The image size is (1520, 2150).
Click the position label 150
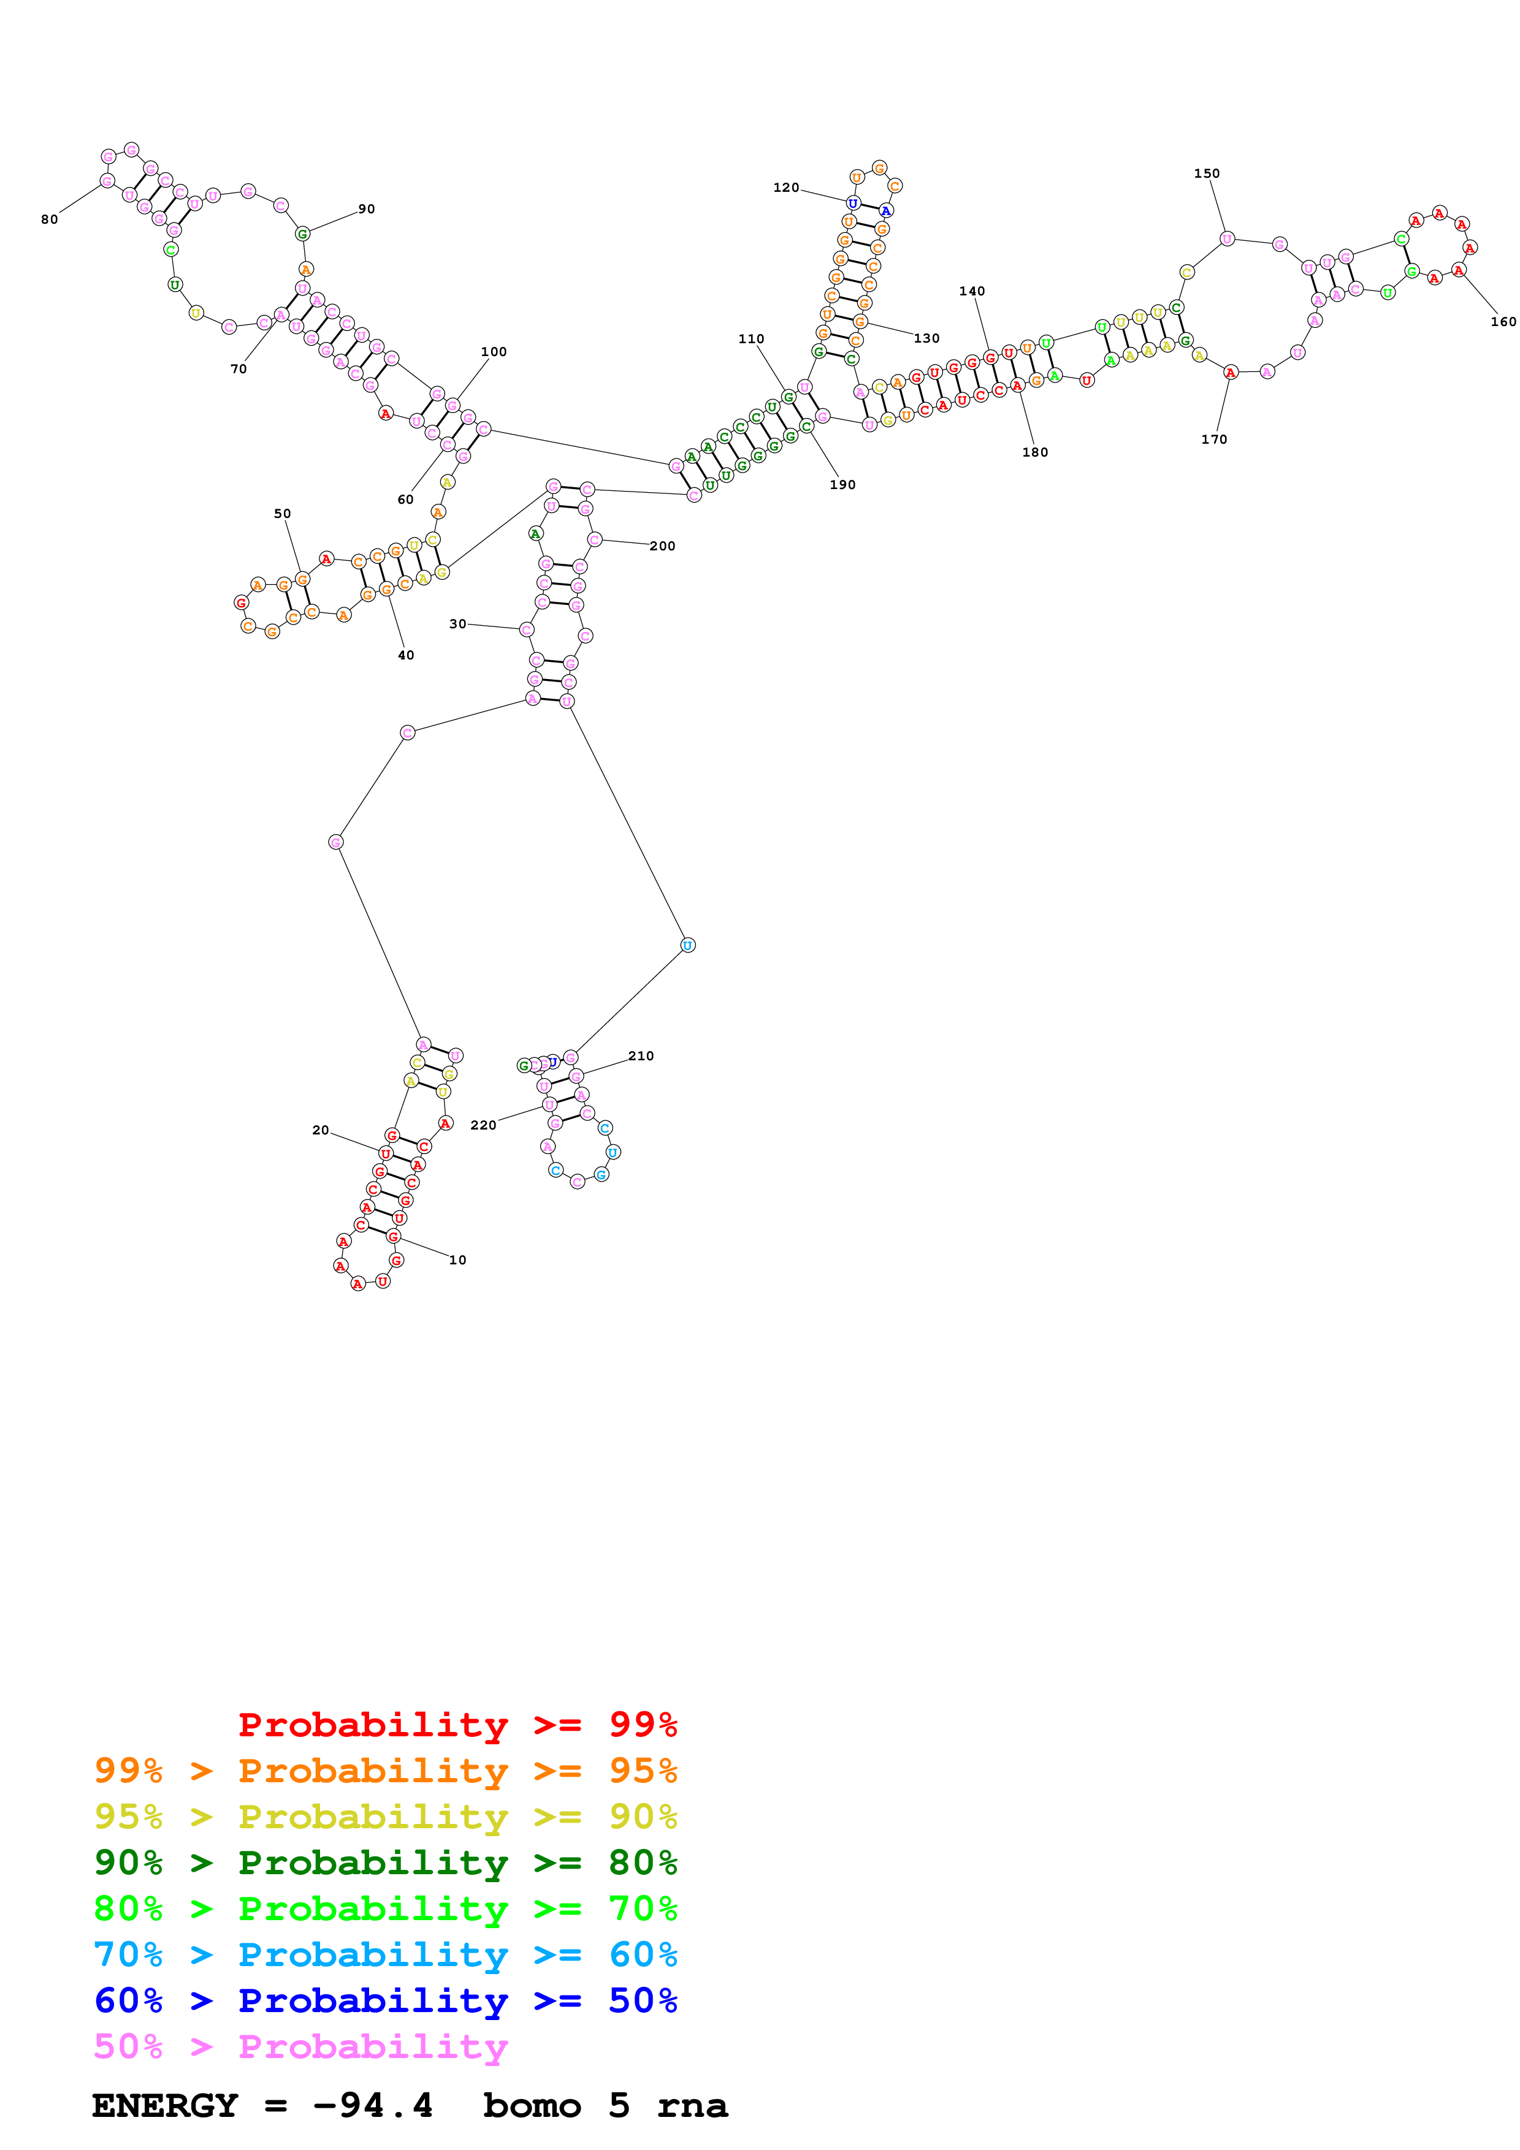(x=1206, y=173)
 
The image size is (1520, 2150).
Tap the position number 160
(x=1502, y=321)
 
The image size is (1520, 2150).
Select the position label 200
(x=662, y=546)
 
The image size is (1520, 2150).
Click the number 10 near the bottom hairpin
(x=457, y=1259)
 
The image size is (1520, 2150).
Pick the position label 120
(x=786, y=188)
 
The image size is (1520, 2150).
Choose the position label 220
(x=483, y=1125)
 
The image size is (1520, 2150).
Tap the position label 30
(x=457, y=624)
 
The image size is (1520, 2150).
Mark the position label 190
(x=842, y=484)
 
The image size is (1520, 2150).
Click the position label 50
(x=282, y=513)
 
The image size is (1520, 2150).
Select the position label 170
(x=1214, y=439)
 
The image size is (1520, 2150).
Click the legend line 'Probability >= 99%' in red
(x=457, y=1725)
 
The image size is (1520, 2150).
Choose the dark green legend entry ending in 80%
(x=385, y=1863)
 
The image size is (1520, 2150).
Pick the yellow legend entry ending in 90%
(x=385, y=1817)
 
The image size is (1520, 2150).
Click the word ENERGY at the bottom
(x=165, y=2105)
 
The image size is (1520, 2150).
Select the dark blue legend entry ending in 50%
(x=385, y=2000)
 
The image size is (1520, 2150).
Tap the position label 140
(x=971, y=291)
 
